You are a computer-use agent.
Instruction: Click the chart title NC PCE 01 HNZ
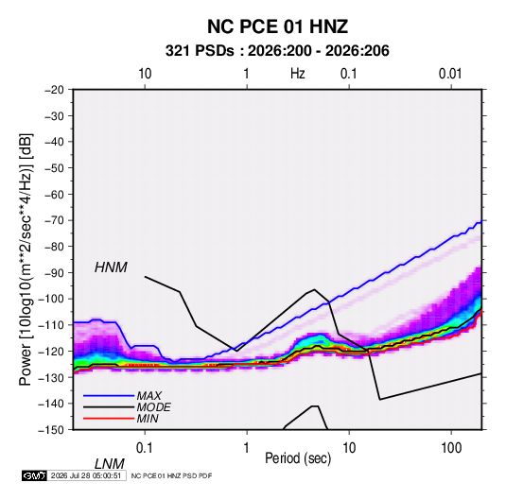click(277, 26)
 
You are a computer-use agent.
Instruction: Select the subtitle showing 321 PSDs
click(277, 51)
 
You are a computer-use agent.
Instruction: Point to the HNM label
click(111, 267)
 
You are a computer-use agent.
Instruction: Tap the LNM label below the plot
click(110, 464)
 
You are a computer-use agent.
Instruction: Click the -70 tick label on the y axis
click(54, 220)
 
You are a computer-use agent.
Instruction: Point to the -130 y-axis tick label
click(52, 377)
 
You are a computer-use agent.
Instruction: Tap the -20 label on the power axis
click(54, 90)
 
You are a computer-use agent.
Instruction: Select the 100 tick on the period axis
click(451, 448)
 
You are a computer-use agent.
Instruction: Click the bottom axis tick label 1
click(247, 448)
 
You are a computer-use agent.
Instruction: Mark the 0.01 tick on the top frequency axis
click(450, 74)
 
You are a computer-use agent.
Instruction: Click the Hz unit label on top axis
click(298, 74)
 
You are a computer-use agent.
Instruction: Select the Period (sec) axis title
click(298, 458)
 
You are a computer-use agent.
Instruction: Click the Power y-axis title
click(26, 259)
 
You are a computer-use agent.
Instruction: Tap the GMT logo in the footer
click(34, 475)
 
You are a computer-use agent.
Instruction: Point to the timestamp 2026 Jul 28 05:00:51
click(86, 475)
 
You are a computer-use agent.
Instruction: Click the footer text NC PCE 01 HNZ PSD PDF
click(172, 475)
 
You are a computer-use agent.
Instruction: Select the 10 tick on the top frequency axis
click(145, 74)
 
